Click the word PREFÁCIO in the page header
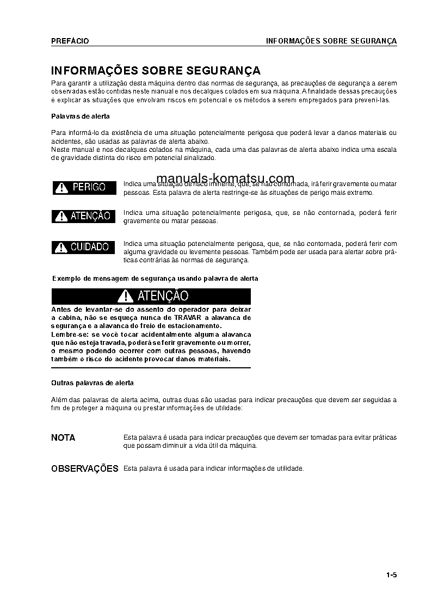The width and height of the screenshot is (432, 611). point(70,41)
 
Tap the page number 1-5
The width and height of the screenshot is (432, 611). point(391,575)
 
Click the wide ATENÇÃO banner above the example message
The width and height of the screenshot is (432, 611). point(151,296)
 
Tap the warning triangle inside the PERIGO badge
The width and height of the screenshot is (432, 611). point(61,188)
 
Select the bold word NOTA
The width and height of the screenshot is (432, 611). point(63,437)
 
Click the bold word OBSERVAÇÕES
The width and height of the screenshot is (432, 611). point(84,468)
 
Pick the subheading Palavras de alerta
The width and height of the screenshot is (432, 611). point(80,116)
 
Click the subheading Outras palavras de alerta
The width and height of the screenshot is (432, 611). point(92,383)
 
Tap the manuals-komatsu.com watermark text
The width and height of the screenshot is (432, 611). point(225,178)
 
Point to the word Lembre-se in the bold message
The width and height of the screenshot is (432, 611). point(68,334)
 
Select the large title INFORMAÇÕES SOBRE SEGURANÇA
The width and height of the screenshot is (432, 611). point(156,71)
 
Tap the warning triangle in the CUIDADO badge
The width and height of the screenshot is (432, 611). point(61,248)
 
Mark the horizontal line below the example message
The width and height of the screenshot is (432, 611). point(151,368)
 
